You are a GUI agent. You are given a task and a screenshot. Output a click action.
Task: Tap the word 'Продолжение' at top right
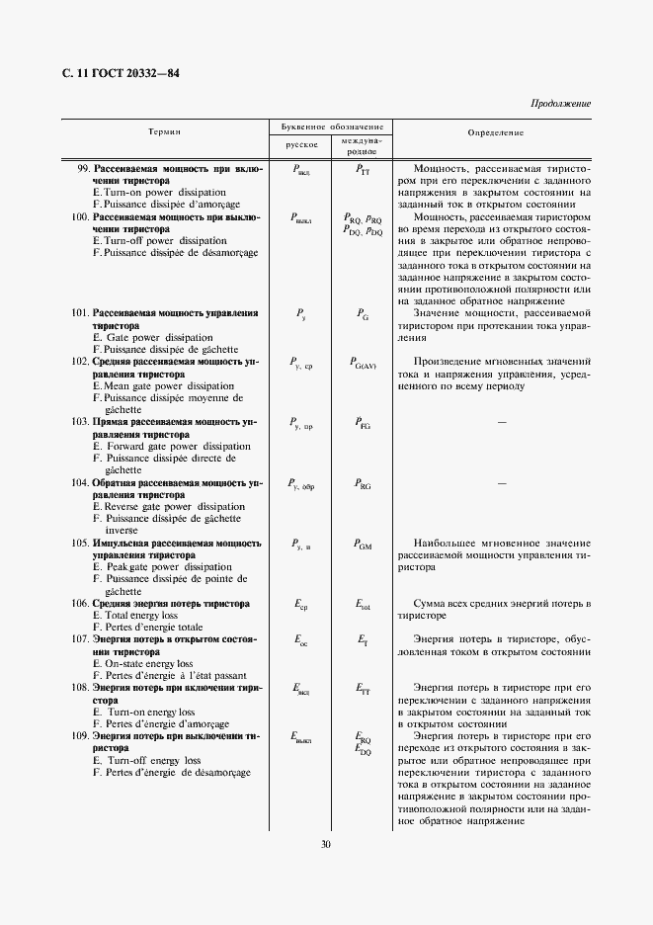click(560, 103)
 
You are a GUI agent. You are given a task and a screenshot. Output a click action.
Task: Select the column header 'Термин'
click(164, 131)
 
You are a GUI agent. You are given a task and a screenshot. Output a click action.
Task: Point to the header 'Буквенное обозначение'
click(332, 127)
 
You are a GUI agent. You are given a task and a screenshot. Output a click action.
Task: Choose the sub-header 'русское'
click(301, 144)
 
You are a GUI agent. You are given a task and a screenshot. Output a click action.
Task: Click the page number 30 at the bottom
click(326, 844)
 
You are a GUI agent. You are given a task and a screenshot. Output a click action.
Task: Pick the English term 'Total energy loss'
click(142, 615)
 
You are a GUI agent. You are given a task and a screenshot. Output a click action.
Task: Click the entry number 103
click(80, 422)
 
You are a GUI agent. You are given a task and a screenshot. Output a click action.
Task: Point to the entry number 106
click(80, 603)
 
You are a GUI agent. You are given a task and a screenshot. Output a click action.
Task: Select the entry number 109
click(80, 736)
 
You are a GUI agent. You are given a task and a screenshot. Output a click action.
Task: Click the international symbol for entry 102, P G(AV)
click(364, 364)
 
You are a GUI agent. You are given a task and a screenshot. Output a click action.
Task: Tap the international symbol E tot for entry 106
click(362, 604)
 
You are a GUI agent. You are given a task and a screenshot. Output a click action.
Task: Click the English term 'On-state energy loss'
click(148, 663)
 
